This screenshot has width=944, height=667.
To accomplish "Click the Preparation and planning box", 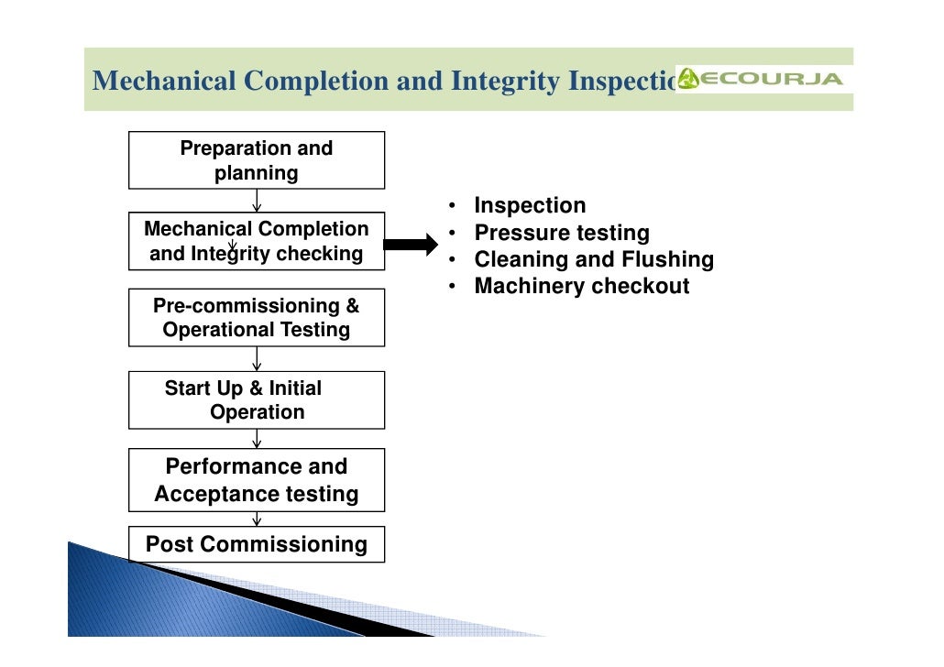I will point(256,160).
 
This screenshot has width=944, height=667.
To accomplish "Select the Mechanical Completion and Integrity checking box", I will point(256,242).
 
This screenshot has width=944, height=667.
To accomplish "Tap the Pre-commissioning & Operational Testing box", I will point(256,318).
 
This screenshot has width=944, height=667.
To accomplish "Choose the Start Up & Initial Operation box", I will point(256,400).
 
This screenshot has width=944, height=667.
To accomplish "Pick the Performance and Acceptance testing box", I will point(256,480).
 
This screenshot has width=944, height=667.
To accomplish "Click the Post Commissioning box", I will point(256,544).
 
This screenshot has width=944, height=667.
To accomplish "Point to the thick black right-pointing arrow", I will point(412,245).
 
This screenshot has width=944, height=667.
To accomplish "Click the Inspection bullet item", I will point(529,206).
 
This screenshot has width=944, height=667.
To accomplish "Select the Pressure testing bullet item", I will point(561,233).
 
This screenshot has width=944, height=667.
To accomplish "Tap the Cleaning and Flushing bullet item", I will point(593,259).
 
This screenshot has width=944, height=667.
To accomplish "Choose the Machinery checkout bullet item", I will point(581,286).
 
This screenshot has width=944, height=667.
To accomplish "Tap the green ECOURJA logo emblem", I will point(688,80).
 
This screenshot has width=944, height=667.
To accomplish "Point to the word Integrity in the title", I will point(505,82).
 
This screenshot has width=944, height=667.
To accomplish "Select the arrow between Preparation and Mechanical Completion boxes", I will point(257,201).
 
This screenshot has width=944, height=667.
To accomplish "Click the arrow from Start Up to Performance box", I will point(257,439).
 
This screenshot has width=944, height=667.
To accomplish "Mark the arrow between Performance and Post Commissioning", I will point(257,519).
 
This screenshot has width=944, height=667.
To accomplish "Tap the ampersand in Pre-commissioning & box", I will point(353,306).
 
